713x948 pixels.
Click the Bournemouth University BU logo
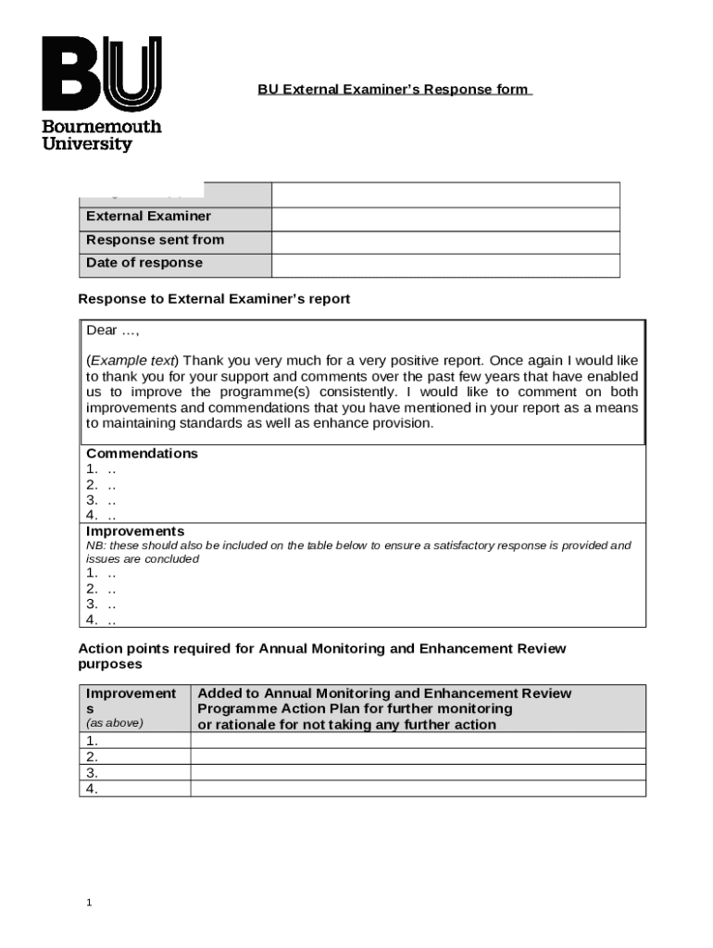(101, 94)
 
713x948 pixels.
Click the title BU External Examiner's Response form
(394, 90)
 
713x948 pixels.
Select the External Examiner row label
(148, 217)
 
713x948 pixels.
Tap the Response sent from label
(155, 240)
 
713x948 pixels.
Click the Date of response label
(144, 263)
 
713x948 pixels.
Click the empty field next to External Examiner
(444, 218)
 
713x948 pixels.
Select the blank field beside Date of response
(444, 266)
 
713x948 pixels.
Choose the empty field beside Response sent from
(444, 242)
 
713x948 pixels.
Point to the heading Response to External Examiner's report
(214, 300)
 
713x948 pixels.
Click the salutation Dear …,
(112, 331)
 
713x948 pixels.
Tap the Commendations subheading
(142, 454)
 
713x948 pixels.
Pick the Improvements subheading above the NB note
(135, 531)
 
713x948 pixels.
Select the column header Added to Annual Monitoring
(384, 708)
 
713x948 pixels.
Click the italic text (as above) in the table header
(115, 723)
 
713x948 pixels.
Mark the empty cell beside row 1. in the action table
(418, 741)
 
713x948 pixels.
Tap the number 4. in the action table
(93, 789)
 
